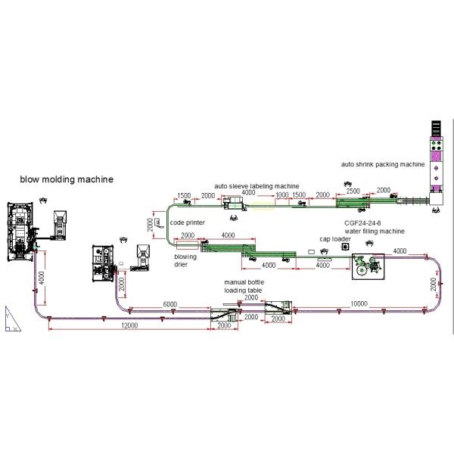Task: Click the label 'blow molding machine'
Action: pyautogui.click(x=67, y=180)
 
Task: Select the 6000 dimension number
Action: pyautogui.click(x=170, y=303)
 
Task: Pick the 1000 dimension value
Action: pyautogui.click(x=281, y=194)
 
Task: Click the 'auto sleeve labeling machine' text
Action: pyautogui.click(x=256, y=185)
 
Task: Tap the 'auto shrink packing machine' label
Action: pyautogui.click(x=383, y=163)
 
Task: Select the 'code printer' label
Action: pyautogui.click(x=186, y=223)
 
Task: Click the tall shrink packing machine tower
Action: pyautogui.click(x=437, y=159)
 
